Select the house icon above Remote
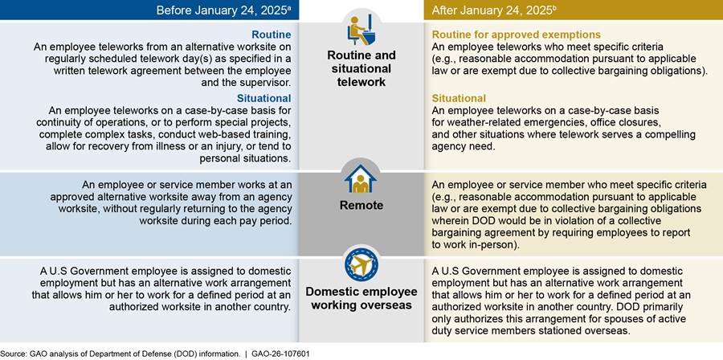click(x=361, y=178)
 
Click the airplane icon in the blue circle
click(x=361, y=264)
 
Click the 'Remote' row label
click(x=361, y=205)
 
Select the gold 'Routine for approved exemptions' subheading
click(x=517, y=35)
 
